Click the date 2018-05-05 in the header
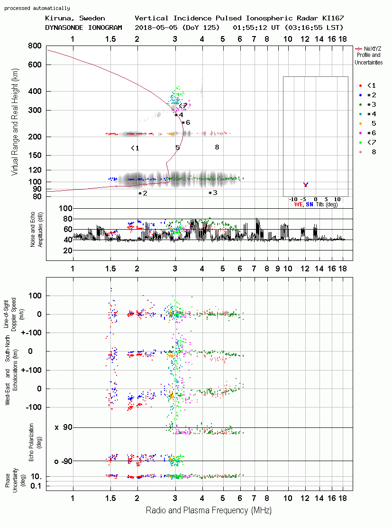click(156, 28)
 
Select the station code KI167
click(333, 18)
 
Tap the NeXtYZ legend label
click(373, 49)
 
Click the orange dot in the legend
click(360, 124)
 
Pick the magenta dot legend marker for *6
click(360, 133)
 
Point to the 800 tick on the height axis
click(35, 46)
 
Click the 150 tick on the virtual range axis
click(35, 155)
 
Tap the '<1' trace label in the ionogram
click(135, 148)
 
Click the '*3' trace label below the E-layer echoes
click(213, 193)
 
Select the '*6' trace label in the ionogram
click(186, 122)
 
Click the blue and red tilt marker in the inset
click(306, 185)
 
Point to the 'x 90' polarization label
click(63, 427)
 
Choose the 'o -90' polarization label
click(63, 461)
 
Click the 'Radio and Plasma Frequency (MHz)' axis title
click(209, 510)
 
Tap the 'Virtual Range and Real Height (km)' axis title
click(15, 122)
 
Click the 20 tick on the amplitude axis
click(68, 250)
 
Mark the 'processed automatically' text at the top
click(37, 8)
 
